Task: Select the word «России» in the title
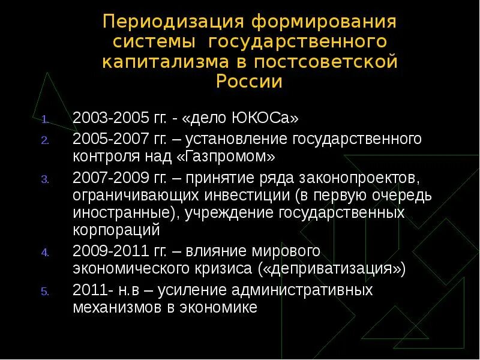(249, 82)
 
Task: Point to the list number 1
(45, 118)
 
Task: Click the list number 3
(45, 179)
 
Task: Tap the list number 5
(45, 292)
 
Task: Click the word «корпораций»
(116, 230)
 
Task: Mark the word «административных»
(304, 290)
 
